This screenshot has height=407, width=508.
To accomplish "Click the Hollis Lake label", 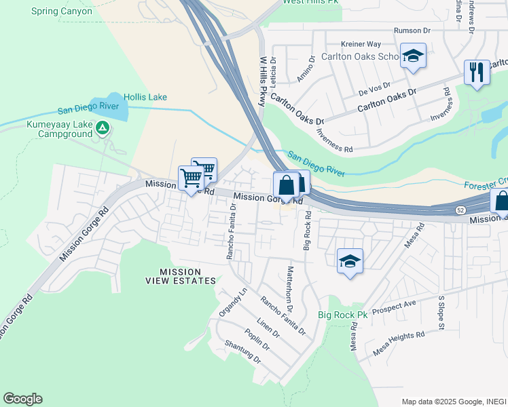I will click(x=145, y=98).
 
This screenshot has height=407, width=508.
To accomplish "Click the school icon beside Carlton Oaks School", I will click(x=412, y=57).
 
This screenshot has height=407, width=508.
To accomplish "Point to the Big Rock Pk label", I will click(x=342, y=315).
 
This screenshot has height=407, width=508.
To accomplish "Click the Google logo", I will click(x=22, y=399).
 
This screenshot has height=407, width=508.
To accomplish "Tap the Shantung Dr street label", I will click(x=242, y=351).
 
